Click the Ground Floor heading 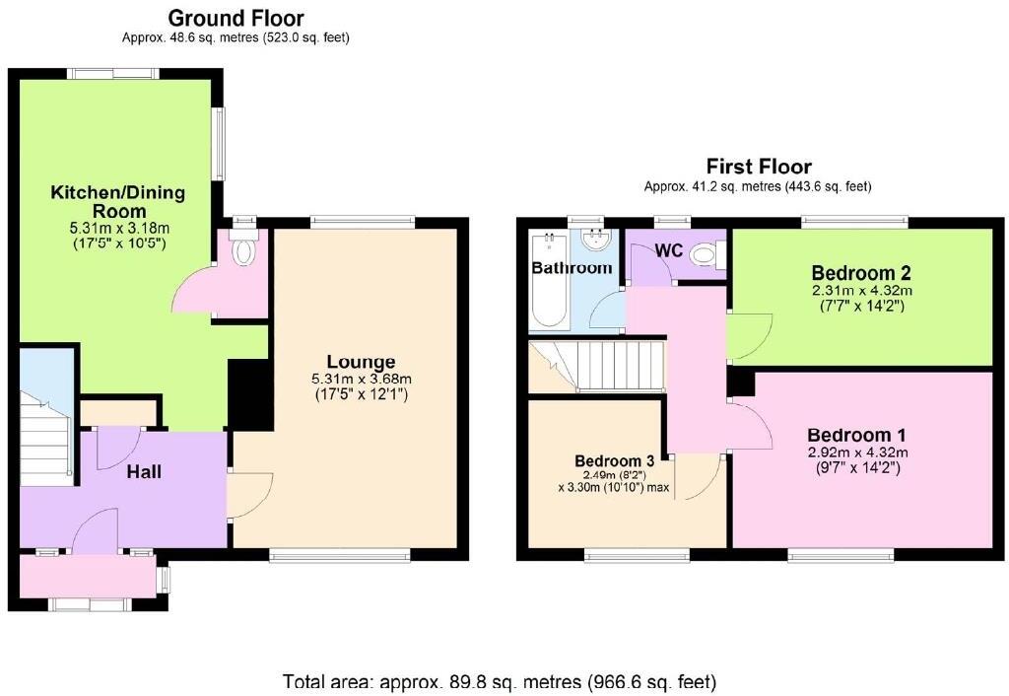coord(235,18)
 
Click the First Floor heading coord(758,166)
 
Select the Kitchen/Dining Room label coord(118,201)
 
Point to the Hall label coord(144,472)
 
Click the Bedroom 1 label coord(857,435)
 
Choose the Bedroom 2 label coord(861,273)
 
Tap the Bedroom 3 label coord(615,460)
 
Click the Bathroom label coord(572,268)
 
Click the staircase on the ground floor coord(44,434)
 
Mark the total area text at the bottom coord(500,681)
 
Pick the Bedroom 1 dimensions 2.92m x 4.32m coord(857,452)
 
